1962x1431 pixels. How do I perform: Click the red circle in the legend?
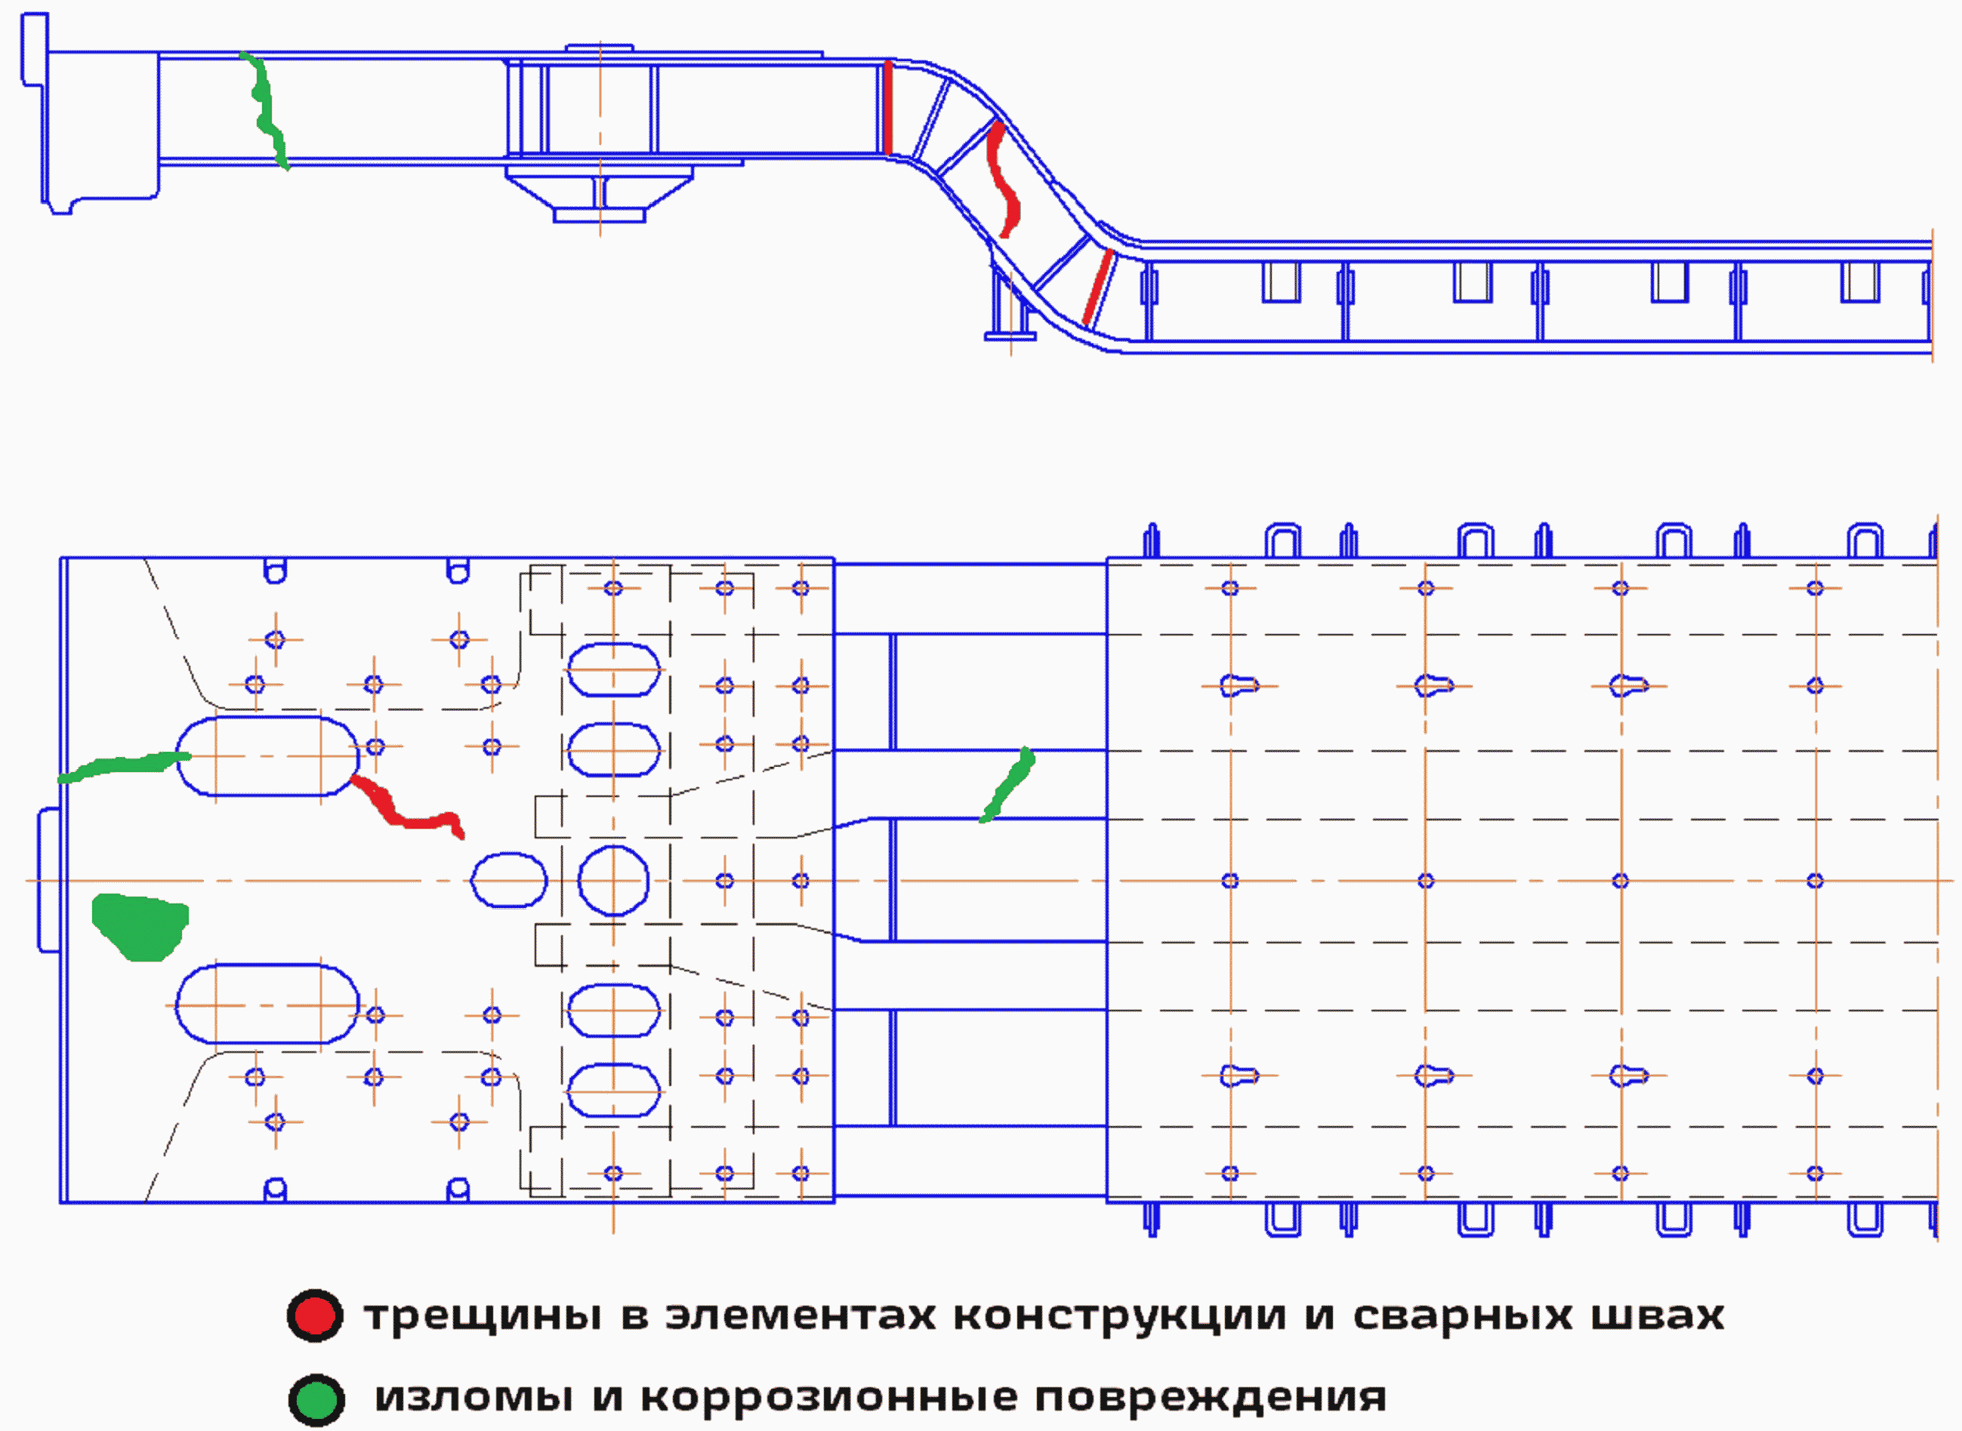point(315,1316)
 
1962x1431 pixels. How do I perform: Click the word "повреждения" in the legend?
point(1211,1397)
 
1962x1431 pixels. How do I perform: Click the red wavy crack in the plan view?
point(407,810)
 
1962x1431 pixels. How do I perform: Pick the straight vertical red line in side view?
point(887,108)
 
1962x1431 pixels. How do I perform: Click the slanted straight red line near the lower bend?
point(1098,287)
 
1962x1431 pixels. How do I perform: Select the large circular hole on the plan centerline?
point(612,881)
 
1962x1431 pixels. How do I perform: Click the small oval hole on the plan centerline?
point(509,880)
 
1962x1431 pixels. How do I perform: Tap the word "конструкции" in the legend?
point(1118,1316)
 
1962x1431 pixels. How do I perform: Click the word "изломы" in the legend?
point(474,1397)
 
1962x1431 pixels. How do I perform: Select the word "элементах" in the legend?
point(800,1316)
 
